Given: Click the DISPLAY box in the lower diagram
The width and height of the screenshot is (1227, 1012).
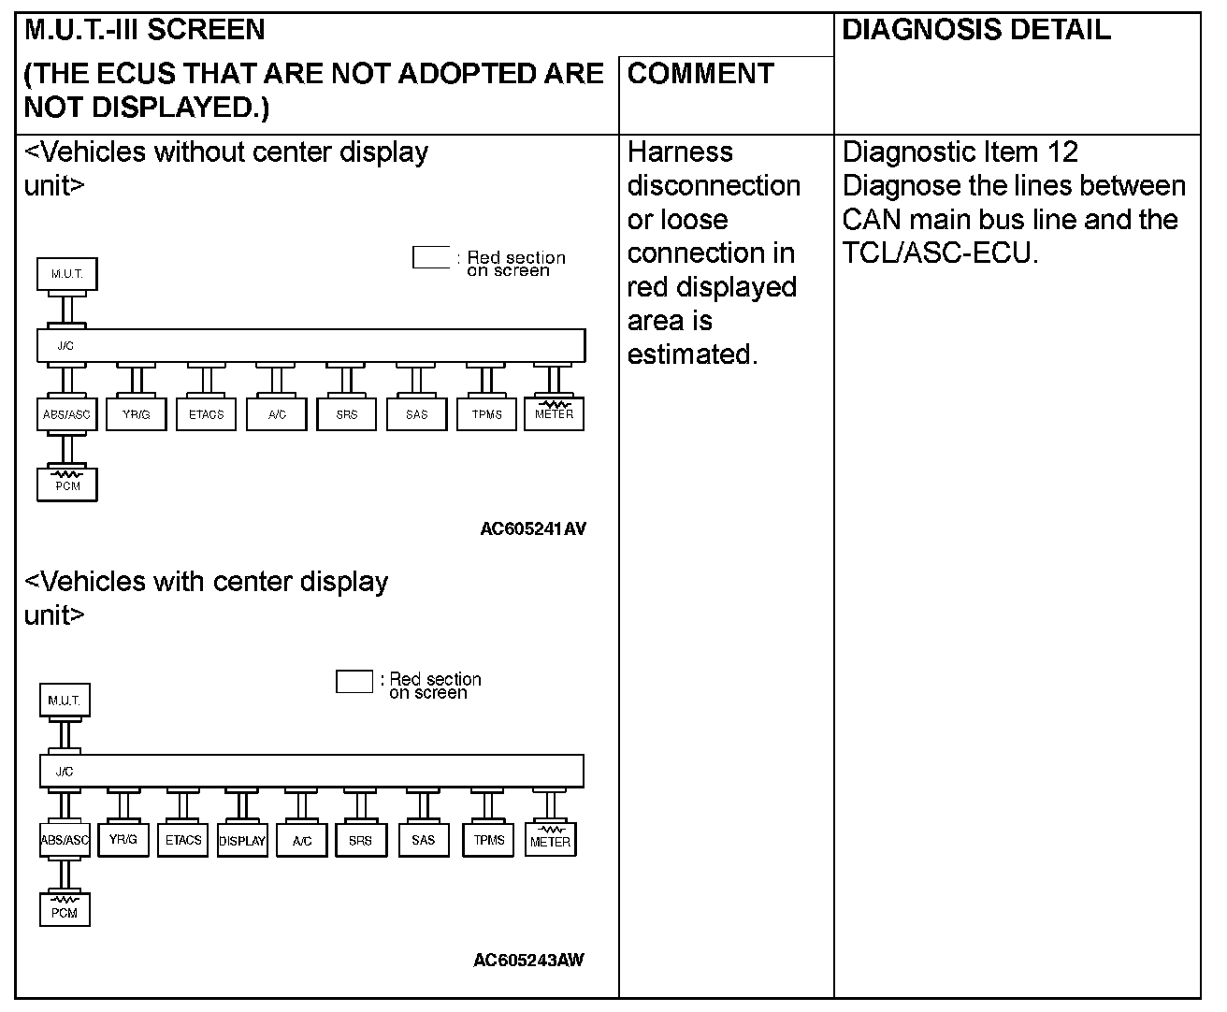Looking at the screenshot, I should pyautogui.click(x=242, y=840).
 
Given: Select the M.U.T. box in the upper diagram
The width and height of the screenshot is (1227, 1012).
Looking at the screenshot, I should pyautogui.click(x=66, y=274).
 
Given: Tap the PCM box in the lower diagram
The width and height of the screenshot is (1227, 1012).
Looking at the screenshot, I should pyautogui.click(x=65, y=910).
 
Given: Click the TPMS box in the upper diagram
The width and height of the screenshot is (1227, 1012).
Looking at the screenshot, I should pyautogui.click(x=487, y=414).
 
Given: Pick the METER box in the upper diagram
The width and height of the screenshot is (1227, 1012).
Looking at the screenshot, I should pyautogui.click(x=555, y=412).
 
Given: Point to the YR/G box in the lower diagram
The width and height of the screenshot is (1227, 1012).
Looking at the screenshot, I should pyautogui.click(x=123, y=839).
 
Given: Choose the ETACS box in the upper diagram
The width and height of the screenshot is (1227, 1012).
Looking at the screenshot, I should pyautogui.click(x=207, y=414).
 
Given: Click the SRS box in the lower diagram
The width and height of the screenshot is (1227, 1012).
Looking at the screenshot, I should pyautogui.click(x=360, y=840).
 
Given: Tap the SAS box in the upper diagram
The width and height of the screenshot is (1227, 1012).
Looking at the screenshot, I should pyautogui.click(x=417, y=414).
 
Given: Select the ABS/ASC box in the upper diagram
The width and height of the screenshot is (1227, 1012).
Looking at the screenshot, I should pyautogui.click(x=66, y=414).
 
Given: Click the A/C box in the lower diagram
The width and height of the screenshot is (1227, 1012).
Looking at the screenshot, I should pyautogui.click(x=301, y=840).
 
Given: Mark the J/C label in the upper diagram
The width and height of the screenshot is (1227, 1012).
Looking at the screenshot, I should pyautogui.click(x=65, y=346).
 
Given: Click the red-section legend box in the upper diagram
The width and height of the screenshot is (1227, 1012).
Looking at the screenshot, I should pyautogui.click(x=431, y=257).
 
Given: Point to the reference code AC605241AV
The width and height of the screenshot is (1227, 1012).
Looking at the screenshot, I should pyautogui.click(x=533, y=528).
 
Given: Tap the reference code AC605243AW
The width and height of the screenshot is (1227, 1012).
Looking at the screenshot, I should pyautogui.click(x=528, y=960).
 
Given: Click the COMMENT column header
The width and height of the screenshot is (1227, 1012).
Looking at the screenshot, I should pyautogui.click(x=700, y=74).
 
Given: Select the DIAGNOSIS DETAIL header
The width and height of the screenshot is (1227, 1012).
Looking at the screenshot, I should pyautogui.click(x=976, y=30).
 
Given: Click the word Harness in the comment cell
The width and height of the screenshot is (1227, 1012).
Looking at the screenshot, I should pyautogui.click(x=680, y=152).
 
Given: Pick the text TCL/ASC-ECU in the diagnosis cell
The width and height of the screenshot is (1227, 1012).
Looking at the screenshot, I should pyautogui.click(x=939, y=253).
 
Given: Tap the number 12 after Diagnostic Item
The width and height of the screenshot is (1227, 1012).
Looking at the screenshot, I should pyautogui.click(x=1062, y=152).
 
